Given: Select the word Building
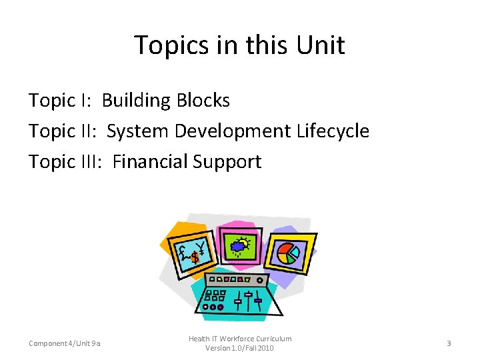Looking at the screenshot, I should pyautogui.click(x=136, y=101).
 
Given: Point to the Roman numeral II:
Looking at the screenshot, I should pyautogui.click(x=87, y=131).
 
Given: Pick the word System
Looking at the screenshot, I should pyautogui.click(x=138, y=131).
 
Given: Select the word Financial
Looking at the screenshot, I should pyautogui.click(x=150, y=161).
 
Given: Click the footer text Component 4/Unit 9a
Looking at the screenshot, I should pyautogui.click(x=65, y=343).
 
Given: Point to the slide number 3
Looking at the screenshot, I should pyautogui.click(x=449, y=343).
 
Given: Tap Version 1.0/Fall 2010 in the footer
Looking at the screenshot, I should pyautogui.click(x=239, y=348).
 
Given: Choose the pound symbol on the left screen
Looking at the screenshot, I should pyautogui.click(x=183, y=251).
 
